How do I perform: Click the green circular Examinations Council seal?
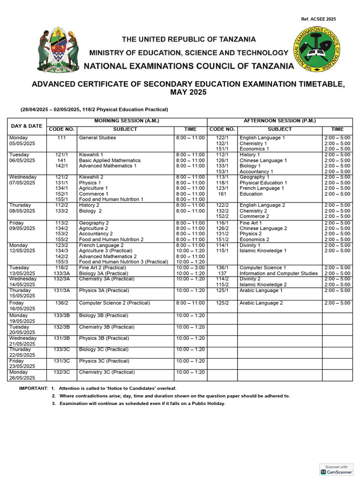[x=317, y=49]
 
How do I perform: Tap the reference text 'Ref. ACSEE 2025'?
[x=318, y=19]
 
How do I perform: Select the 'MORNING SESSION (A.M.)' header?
[x=127, y=121]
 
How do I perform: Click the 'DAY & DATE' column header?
[x=27, y=126]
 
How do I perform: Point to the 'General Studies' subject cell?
[x=97, y=138]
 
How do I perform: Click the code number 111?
[x=62, y=138]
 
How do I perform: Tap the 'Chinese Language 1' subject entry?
[x=263, y=160]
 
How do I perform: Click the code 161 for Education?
[x=222, y=194]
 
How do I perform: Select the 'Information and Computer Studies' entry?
[x=278, y=273]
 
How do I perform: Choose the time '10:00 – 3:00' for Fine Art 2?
[x=190, y=268]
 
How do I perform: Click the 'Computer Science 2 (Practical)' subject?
[x=114, y=303]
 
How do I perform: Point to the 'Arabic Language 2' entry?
[x=261, y=303]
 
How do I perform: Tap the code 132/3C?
[x=62, y=372]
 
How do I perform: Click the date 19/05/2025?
[x=22, y=321]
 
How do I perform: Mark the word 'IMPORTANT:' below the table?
[x=33, y=389]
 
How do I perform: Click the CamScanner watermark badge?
[x=336, y=470]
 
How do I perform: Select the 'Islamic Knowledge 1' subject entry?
[x=263, y=251]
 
